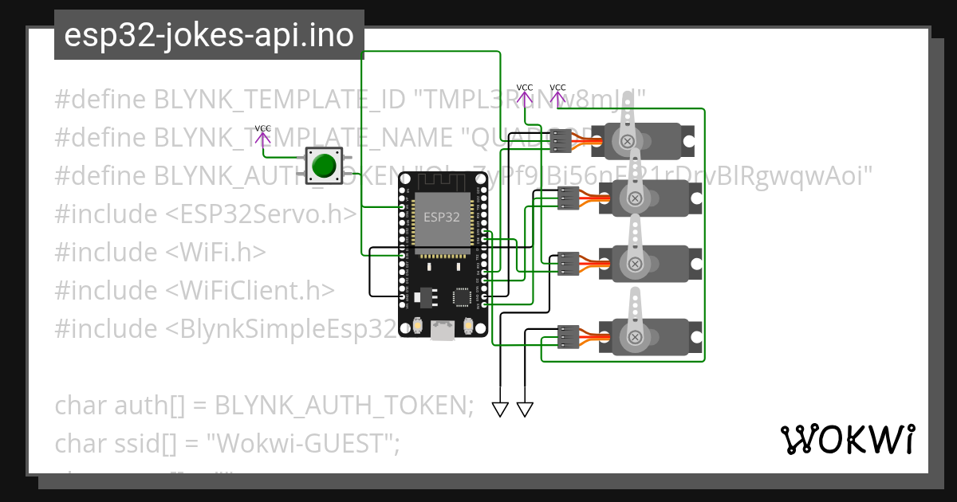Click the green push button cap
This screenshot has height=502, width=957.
click(324, 166)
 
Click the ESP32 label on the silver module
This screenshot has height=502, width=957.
click(441, 217)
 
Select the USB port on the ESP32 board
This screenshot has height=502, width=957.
click(442, 330)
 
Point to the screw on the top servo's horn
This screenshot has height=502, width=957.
click(628, 141)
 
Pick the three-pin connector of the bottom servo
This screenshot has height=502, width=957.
click(568, 336)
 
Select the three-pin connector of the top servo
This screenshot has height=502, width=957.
click(561, 141)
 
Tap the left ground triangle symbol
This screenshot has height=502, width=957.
click(500, 410)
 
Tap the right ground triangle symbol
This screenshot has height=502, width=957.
click(525, 410)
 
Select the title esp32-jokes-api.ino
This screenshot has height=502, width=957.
click(209, 36)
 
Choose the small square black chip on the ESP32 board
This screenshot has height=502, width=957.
click(462, 297)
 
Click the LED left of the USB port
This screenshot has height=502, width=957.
click(418, 326)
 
